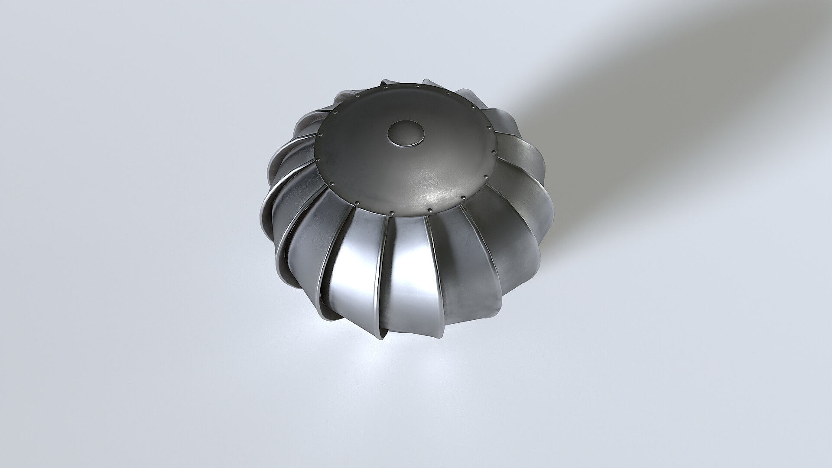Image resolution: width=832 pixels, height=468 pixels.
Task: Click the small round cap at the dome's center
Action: pos(406,133)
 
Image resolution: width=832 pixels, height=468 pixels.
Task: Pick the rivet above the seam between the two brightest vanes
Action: pos(392,213)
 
